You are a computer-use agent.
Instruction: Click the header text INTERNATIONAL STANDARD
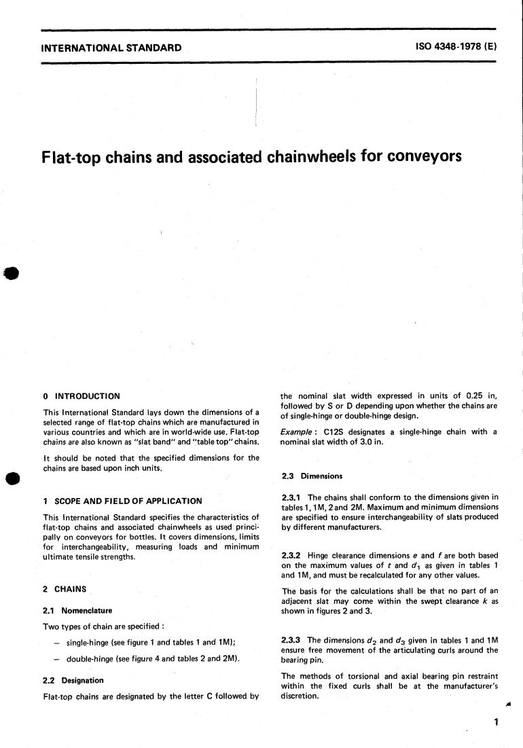point(111,48)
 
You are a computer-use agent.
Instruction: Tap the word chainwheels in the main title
point(315,157)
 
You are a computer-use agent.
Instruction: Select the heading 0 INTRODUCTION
point(81,396)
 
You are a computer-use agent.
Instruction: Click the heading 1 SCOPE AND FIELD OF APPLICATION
point(122,501)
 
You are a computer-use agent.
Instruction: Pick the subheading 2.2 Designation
point(73,680)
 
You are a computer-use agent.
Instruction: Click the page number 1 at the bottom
point(497,722)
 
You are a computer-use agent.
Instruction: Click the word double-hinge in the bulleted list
point(92,660)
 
